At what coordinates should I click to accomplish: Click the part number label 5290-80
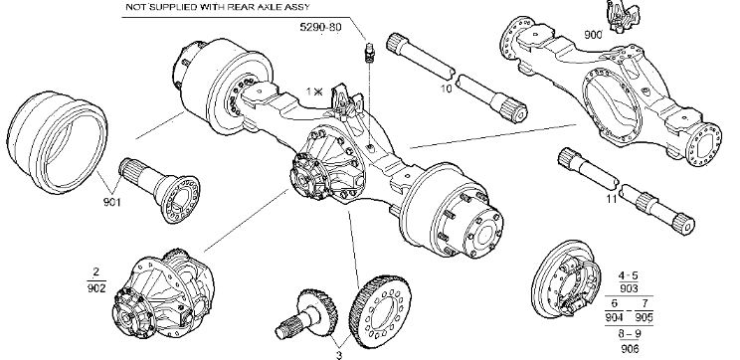tap(320, 27)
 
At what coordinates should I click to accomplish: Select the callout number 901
tap(111, 203)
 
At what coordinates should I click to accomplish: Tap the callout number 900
tap(593, 35)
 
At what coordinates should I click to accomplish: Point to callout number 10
tap(446, 89)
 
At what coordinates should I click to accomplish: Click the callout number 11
tap(611, 199)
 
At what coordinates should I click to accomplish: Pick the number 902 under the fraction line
tap(96, 287)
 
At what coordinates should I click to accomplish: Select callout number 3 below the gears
tap(339, 355)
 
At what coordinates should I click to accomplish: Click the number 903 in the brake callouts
tap(629, 288)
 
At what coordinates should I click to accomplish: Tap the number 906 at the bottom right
tap(630, 349)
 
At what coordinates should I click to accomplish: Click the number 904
tap(614, 317)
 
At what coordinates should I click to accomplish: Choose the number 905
tap(644, 317)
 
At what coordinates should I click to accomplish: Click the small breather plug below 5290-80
tap(370, 53)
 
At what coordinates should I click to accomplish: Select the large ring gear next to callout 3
tap(380, 312)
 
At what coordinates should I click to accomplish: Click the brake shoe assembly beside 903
tap(566, 278)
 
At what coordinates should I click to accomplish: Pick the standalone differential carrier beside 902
tap(163, 294)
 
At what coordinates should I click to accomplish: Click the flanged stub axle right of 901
tap(159, 190)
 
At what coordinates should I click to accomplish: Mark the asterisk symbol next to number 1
tap(318, 91)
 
